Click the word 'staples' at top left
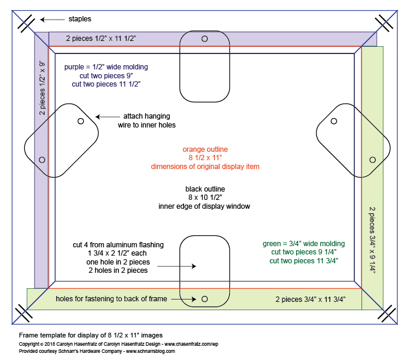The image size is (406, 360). tap(80, 19)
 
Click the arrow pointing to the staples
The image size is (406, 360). tap(52, 20)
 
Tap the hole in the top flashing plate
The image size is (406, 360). tap(205, 39)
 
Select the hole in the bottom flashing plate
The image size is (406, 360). tap(205, 299)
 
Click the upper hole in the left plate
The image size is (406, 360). tap(81, 121)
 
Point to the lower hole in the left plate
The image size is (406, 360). tap(42, 160)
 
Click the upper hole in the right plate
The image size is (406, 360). tap(334, 121)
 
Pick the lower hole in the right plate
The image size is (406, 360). tap(372, 160)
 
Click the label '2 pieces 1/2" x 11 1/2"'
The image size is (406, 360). tap(101, 39)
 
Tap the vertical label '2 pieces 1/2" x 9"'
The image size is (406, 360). tap(42, 88)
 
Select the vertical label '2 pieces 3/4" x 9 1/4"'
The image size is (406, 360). tap(372, 240)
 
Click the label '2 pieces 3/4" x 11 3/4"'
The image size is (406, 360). tap(310, 300)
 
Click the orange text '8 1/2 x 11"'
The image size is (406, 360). tap(205, 158)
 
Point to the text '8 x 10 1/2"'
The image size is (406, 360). tap(205, 197)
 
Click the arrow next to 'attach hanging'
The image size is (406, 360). tap(107, 117)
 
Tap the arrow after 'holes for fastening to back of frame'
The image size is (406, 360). tap(183, 299)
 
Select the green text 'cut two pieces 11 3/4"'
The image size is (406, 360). tap(304, 260)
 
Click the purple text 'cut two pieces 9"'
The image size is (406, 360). tap(106, 76)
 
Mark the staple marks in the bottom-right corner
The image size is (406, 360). tap(387, 314)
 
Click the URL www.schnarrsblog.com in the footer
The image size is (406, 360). tap(150, 351)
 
